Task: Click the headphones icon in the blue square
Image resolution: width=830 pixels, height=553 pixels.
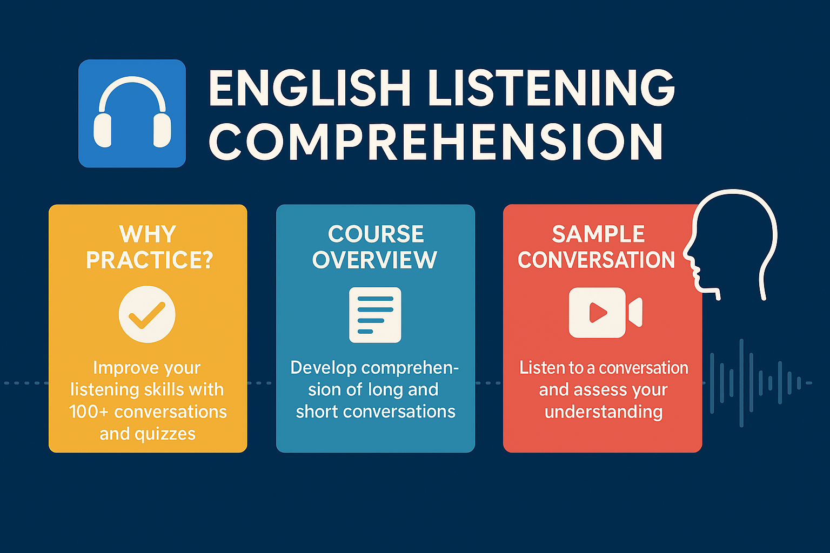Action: click(x=132, y=113)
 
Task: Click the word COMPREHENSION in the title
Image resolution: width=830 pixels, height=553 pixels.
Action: click(x=436, y=141)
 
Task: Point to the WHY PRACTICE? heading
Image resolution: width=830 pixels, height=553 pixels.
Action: click(x=148, y=247)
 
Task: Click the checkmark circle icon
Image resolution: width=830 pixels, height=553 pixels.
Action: click(x=147, y=314)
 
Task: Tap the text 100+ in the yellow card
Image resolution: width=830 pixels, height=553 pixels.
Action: click(x=89, y=412)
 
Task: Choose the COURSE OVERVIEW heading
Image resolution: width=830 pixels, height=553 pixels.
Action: click(x=375, y=247)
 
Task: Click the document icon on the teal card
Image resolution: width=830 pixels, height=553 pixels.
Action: click(x=375, y=315)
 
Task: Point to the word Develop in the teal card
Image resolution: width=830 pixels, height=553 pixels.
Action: click(x=322, y=368)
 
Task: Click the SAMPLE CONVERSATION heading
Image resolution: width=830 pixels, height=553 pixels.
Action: click(x=597, y=247)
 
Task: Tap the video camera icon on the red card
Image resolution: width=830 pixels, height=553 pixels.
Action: click(x=605, y=313)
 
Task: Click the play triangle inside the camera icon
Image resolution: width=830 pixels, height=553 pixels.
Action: click(x=597, y=313)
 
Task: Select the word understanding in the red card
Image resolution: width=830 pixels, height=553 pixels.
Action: click(x=603, y=412)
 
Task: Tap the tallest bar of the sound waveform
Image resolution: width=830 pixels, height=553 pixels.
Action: click(x=741, y=383)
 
